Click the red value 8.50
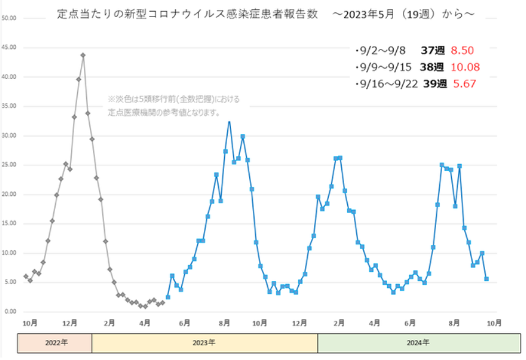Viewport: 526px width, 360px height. tap(462, 51)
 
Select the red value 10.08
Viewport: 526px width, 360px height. tap(465, 67)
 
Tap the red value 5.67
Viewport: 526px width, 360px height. tap(462, 84)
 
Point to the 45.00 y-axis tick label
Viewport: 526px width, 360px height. tap(9, 48)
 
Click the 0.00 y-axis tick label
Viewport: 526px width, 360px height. tap(10, 312)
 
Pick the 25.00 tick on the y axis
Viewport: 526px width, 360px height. tap(9, 165)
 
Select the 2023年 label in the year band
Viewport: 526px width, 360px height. tap(205, 343)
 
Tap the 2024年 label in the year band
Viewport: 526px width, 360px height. tap(418, 343)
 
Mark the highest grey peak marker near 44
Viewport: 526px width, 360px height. tap(83, 55)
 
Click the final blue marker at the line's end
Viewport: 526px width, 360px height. tap(486, 279)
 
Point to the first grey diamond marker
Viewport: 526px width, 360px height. tap(26, 276)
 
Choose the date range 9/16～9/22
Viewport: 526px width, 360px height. tap(385, 84)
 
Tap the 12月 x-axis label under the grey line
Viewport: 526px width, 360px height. tap(70, 322)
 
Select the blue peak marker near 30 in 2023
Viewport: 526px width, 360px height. tap(242, 137)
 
